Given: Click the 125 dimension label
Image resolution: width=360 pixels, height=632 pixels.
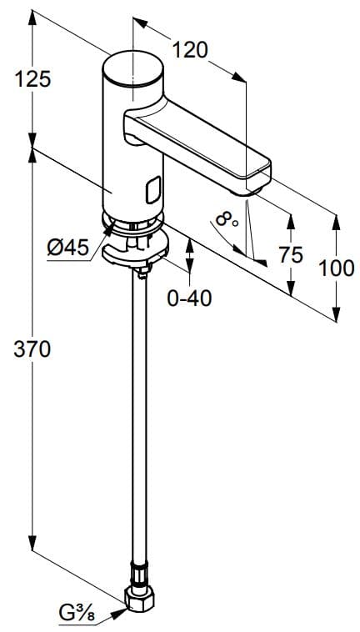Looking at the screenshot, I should (x=33, y=79).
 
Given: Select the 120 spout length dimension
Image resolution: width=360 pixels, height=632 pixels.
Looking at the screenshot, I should (x=191, y=51).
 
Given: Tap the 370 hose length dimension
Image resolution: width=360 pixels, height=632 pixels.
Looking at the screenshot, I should (x=33, y=349).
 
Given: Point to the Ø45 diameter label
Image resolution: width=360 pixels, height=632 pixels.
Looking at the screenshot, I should (x=67, y=247).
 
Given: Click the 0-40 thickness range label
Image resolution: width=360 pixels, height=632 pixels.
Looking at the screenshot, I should (x=189, y=298).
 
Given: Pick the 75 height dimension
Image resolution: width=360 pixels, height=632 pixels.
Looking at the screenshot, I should (x=291, y=254).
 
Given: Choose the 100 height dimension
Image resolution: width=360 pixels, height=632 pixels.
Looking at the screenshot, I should (x=337, y=268).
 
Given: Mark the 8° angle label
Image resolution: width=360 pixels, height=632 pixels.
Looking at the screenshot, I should (x=225, y=221).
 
